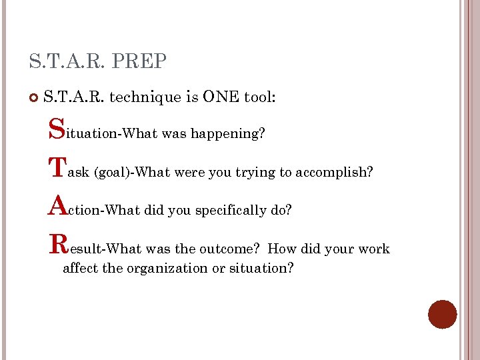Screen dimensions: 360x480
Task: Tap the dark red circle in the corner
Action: click(x=442, y=314)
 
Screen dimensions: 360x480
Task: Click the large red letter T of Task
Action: click(x=58, y=167)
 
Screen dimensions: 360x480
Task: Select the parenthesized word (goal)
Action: click(x=113, y=173)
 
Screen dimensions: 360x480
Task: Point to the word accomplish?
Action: click(x=334, y=173)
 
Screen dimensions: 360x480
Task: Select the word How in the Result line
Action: click(x=281, y=249)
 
